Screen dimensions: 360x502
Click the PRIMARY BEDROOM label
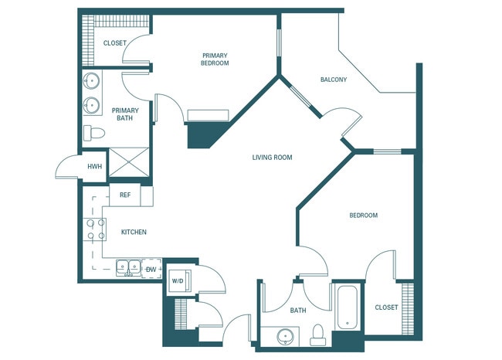click(215, 59)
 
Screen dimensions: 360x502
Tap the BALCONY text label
click(333, 80)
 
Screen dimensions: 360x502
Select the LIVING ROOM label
click(272, 158)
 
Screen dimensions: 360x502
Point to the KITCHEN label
click(134, 232)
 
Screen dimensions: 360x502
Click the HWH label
click(94, 166)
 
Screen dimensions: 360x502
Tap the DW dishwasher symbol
click(151, 269)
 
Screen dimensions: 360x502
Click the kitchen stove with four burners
click(96, 228)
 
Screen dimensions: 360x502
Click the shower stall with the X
click(127, 162)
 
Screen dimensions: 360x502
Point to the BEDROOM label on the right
click(363, 216)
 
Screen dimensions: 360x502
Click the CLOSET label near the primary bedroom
click(114, 43)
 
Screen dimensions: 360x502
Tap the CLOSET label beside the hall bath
click(386, 307)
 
